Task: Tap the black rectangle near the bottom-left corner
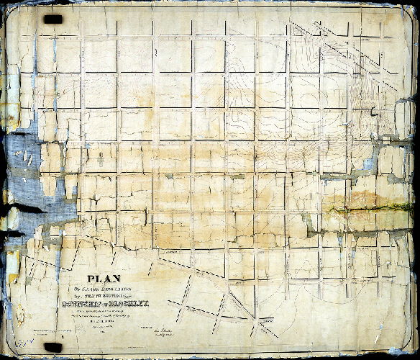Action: [x=53, y=347]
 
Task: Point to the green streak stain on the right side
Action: [x=374, y=208]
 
